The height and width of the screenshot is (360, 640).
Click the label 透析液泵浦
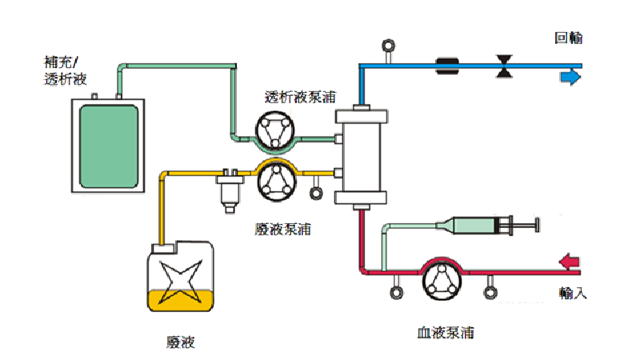point(298,97)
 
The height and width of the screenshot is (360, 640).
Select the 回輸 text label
point(568,38)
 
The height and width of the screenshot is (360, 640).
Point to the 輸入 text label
point(574,293)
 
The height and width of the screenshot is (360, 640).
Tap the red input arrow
point(570,261)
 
